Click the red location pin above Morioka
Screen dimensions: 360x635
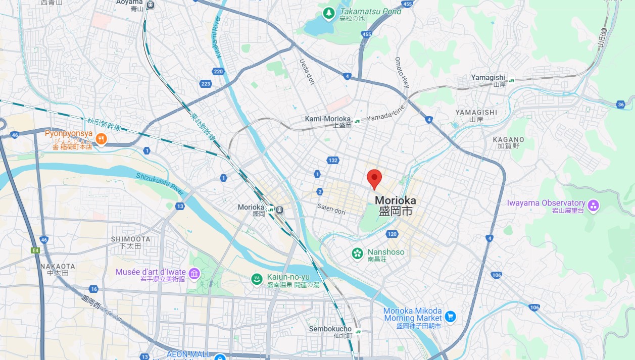(x=374, y=179)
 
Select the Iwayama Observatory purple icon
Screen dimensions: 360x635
(x=594, y=205)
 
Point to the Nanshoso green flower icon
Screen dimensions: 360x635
(x=358, y=253)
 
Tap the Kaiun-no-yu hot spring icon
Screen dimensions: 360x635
(x=257, y=278)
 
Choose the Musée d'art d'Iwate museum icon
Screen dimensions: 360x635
(x=194, y=274)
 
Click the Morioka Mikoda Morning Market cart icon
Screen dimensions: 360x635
(x=450, y=317)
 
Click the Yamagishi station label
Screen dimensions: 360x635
(x=488, y=78)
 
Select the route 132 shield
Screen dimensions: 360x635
(x=332, y=161)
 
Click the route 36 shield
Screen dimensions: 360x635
(x=621, y=105)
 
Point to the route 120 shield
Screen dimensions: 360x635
(x=392, y=234)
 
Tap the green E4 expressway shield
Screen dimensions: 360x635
(x=36, y=250)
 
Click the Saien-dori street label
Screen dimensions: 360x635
(x=331, y=209)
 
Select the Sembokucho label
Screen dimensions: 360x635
(x=330, y=329)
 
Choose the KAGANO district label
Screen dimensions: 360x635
(x=508, y=139)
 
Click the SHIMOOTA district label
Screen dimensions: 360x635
(x=130, y=239)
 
